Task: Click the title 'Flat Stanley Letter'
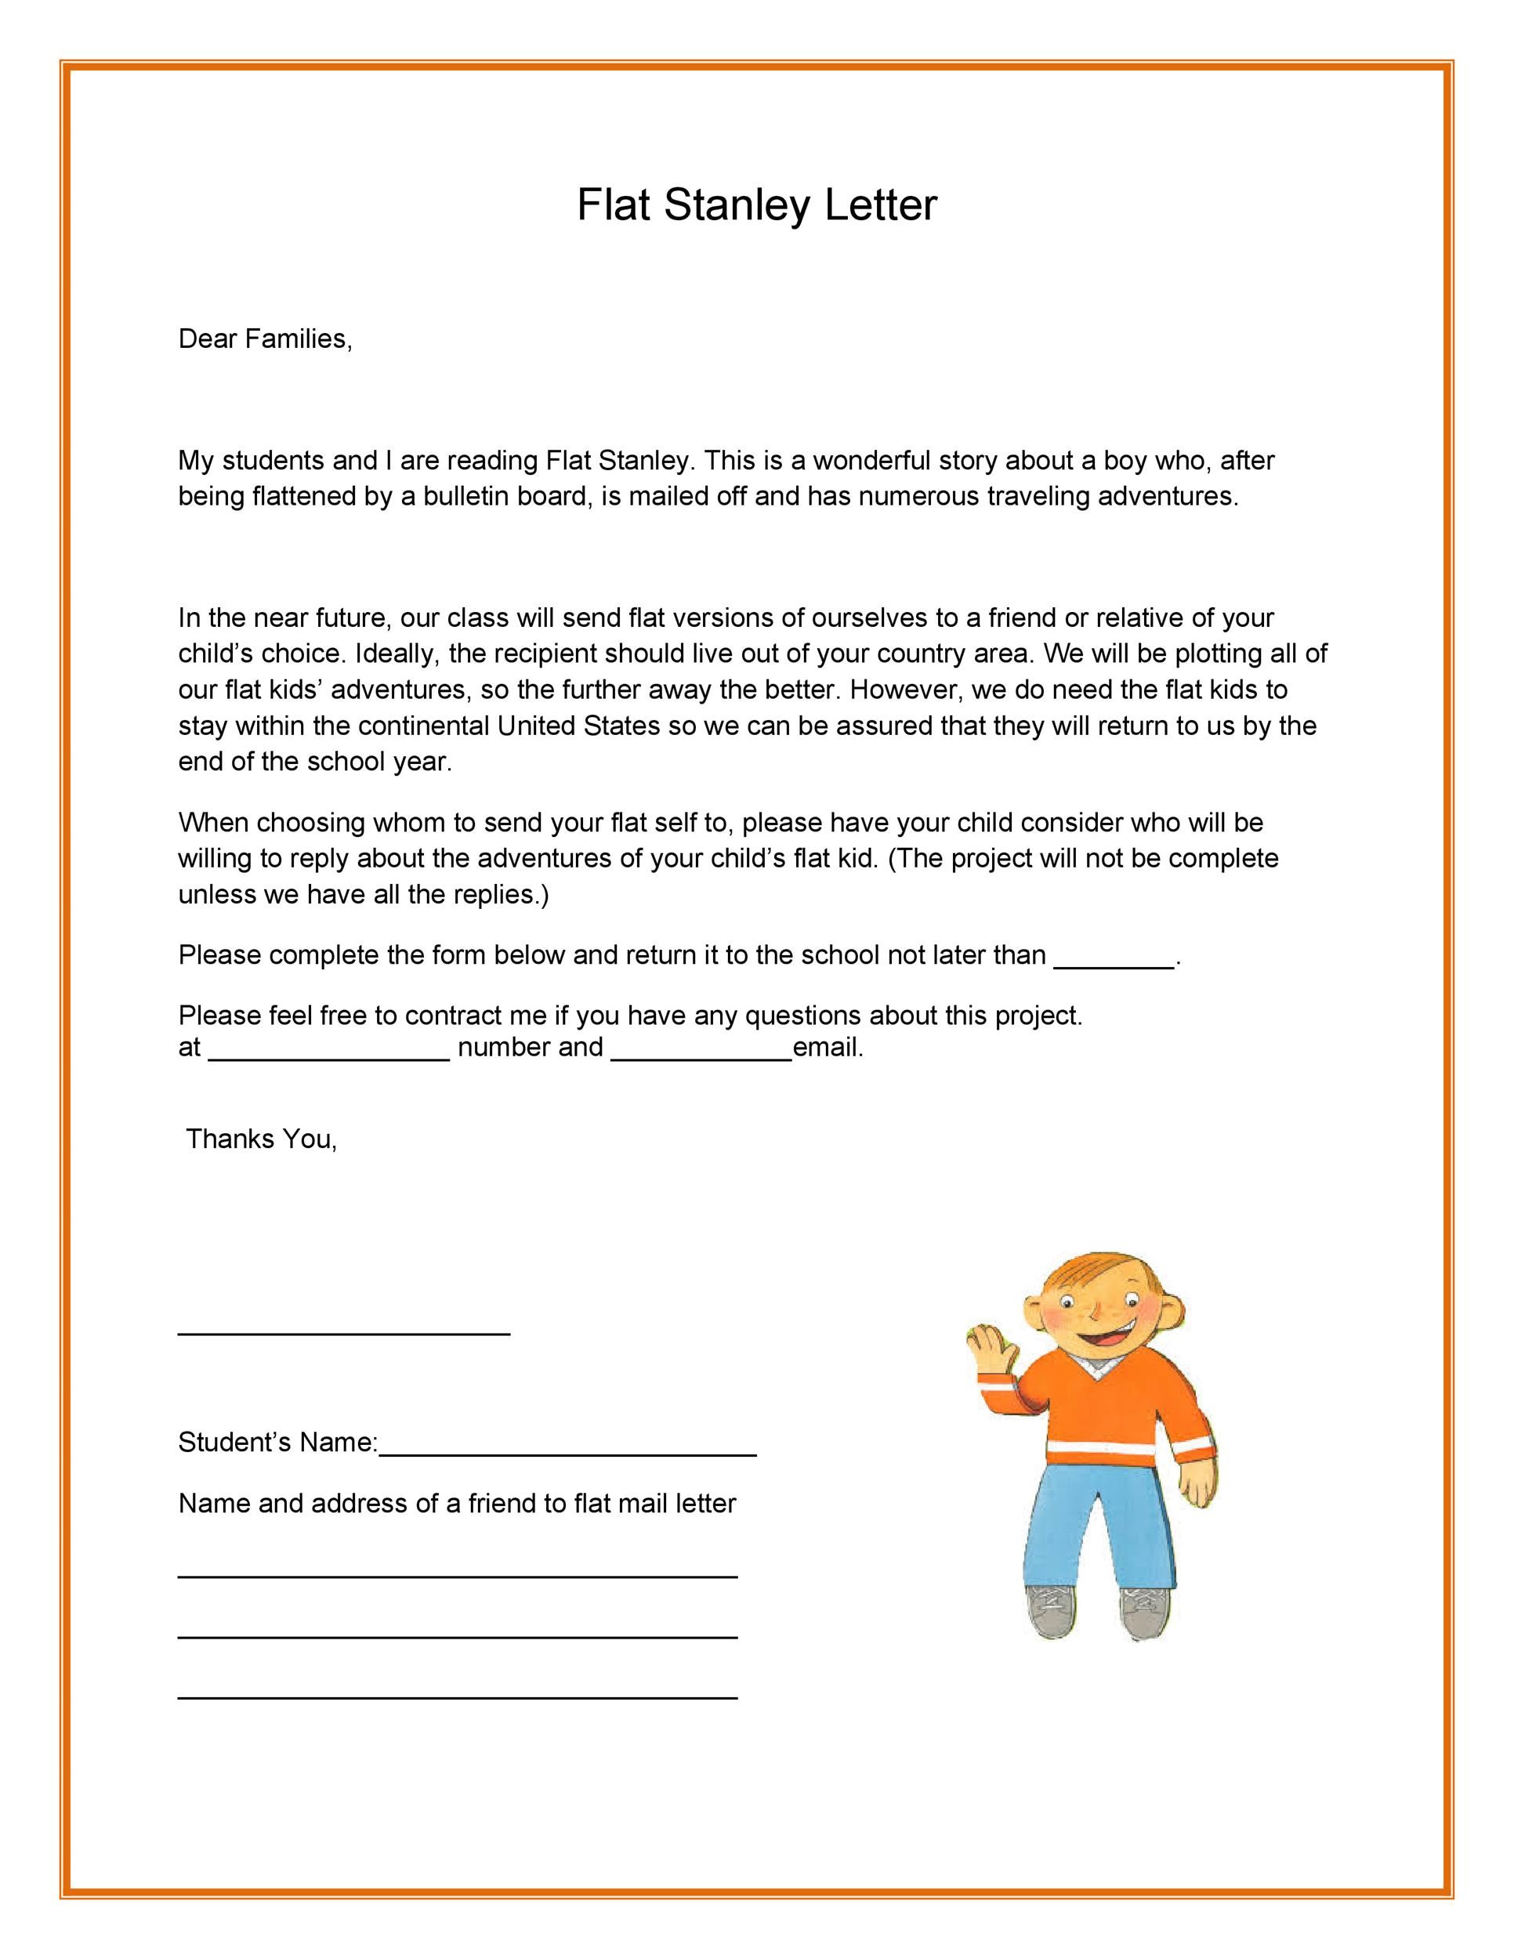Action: coord(756,205)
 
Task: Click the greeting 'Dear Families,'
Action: coord(266,339)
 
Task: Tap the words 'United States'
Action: coord(578,725)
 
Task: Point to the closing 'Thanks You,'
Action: coord(261,1139)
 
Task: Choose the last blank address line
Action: coord(458,1697)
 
